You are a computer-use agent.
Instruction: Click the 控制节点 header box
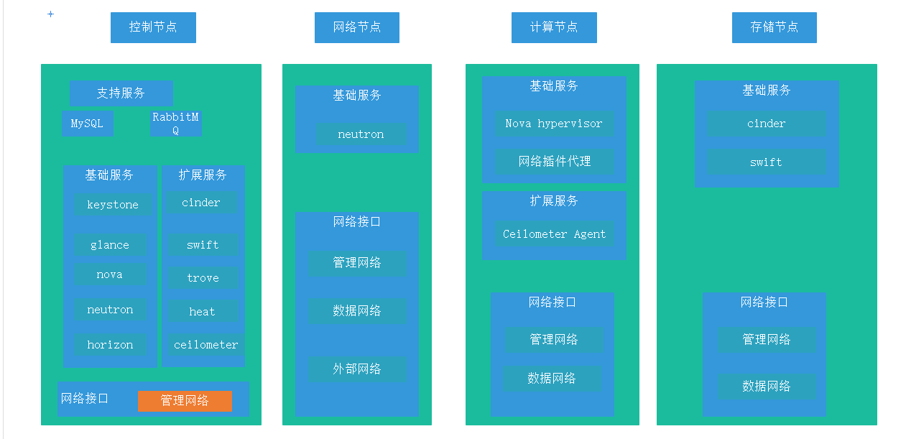(x=153, y=27)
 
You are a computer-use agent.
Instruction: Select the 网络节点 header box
(x=356, y=27)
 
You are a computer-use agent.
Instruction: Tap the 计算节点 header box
(x=554, y=27)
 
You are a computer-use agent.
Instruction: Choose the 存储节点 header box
(x=774, y=27)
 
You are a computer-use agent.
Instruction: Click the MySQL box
(x=87, y=124)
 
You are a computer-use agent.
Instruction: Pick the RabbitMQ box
(x=176, y=124)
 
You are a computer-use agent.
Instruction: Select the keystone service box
(x=113, y=205)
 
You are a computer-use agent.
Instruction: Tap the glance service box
(x=110, y=245)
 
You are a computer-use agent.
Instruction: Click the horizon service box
(x=110, y=345)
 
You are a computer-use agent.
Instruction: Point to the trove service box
(x=203, y=278)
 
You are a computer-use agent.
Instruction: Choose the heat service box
(x=203, y=312)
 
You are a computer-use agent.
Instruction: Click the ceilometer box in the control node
(x=206, y=345)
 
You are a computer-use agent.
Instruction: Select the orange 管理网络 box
(x=185, y=401)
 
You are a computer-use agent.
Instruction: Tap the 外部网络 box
(x=357, y=369)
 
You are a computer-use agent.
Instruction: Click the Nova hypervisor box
(x=554, y=124)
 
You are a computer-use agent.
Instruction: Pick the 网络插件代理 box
(x=555, y=162)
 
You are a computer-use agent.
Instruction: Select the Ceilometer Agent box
(x=554, y=234)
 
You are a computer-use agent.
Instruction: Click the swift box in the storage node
(x=766, y=162)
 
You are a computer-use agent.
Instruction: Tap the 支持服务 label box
(x=121, y=93)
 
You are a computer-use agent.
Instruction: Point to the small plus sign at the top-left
(x=50, y=14)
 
